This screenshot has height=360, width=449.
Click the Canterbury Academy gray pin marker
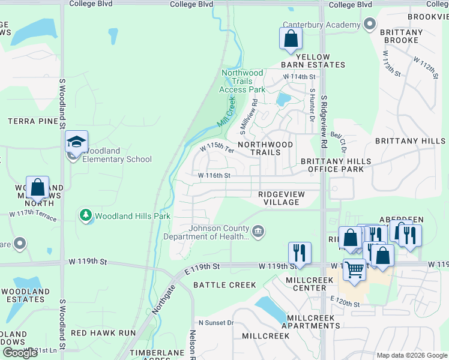tap(370, 25)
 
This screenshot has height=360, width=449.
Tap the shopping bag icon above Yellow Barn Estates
tap(291, 38)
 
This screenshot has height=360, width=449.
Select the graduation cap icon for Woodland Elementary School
tap(76, 142)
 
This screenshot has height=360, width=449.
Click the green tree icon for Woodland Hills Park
tap(85, 215)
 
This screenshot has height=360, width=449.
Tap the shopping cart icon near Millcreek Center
tap(355, 270)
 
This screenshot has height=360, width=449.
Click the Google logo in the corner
tap(20, 353)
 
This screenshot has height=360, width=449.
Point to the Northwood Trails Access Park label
tap(243, 81)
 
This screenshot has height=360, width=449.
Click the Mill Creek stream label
tap(225, 112)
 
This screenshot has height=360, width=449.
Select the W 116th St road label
tap(214, 176)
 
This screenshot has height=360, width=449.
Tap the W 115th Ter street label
tap(216, 148)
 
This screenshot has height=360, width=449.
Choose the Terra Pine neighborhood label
tap(33, 121)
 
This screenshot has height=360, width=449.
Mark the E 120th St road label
tap(344, 305)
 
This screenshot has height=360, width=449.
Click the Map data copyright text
tap(411, 355)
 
